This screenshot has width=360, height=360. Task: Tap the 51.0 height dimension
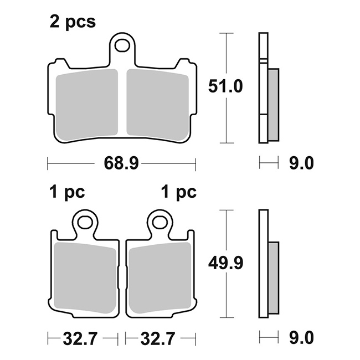(x=225, y=86)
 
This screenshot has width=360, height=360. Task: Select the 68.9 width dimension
(x=121, y=163)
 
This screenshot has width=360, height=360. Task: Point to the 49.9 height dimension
(x=225, y=263)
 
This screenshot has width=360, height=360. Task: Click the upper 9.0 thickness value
(x=301, y=163)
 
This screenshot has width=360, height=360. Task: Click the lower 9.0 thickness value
(x=301, y=338)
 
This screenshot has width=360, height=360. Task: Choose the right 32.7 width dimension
(x=158, y=338)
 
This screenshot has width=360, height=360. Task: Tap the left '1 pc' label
(x=67, y=192)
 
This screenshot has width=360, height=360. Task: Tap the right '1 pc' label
(x=179, y=192)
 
